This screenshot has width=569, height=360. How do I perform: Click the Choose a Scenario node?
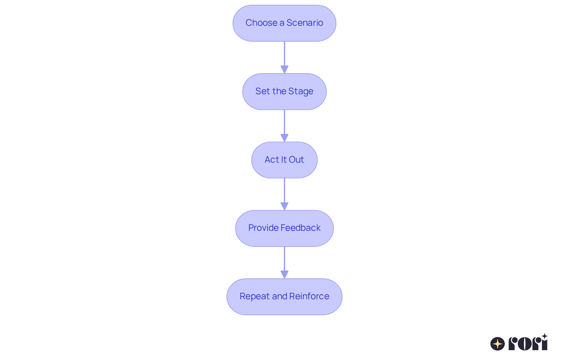tap(284, 23)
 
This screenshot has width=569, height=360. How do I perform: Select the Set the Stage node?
tap(284, 92)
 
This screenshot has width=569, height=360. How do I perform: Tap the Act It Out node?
tap(284, 160)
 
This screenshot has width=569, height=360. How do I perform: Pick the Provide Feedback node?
tap(284, 228)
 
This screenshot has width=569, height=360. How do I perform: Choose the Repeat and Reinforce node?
tap(284, 297)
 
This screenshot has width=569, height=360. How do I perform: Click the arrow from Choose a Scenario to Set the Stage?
tap(284, 57)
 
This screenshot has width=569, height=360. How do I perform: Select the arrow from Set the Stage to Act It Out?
tap(284, 126)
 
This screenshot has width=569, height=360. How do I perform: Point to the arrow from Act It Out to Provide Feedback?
tap(284, 194)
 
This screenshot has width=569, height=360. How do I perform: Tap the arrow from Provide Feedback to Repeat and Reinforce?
tap(284, 263)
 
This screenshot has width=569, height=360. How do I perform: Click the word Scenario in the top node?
tap(305, 23)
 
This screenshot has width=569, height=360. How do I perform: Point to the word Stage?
tap(301, 92)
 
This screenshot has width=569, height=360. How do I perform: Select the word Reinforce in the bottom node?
tap(309, 296)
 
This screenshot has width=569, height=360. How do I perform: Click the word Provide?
tap(263, 228)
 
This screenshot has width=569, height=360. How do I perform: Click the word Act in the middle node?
tap(272, 160)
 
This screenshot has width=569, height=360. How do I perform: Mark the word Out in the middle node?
tap(296, 160)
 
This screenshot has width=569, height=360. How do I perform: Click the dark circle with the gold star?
tap(498, 344)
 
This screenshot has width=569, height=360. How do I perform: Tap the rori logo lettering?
tap(528, 342)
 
